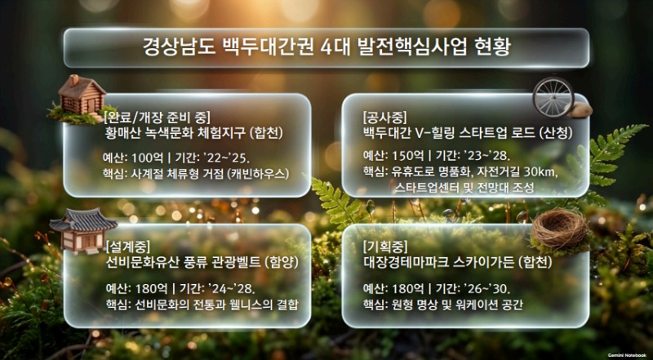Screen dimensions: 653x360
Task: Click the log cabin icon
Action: click(x=80, y=99)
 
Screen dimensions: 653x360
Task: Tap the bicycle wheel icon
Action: click(x=553, y=96)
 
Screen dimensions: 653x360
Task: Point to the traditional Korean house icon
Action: click(x=82, y=230)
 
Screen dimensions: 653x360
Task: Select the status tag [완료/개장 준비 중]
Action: click(x=157, y=118)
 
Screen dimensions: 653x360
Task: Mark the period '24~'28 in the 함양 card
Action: click(x=230, y=288)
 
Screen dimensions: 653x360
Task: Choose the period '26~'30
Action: click(x=487, y=288)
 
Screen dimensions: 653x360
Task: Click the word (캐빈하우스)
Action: click(x=258, y=173)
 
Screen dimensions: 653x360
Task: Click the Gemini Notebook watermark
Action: click(x=627, y=355)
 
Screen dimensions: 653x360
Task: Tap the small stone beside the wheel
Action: click(x=580, y=109)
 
